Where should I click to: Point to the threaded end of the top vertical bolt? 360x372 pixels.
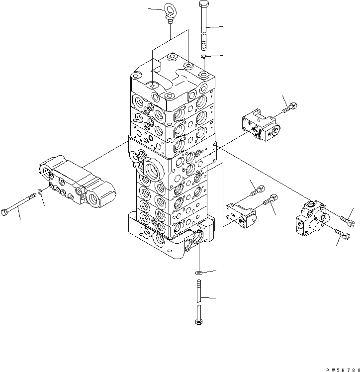(204, 42)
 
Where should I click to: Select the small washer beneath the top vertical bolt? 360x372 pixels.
(203, 57)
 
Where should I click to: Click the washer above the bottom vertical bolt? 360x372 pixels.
(199, 273)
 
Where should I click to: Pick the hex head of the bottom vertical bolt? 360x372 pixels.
(199, 322)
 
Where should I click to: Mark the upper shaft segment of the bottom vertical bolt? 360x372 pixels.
(199, 291)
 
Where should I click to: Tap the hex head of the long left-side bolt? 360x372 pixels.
(4, 212)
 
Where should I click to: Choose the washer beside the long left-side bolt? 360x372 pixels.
(40, 191)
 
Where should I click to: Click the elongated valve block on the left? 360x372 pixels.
(77, 182)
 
